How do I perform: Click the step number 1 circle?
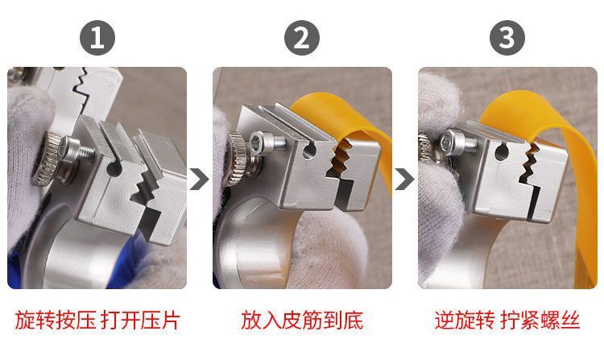[x=97, y=38]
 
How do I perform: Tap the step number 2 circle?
[x=302, y=38]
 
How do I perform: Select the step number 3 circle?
[x=507, y=38]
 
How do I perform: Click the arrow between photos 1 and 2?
[x=199, y=179]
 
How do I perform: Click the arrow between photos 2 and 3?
[x=404, y=179]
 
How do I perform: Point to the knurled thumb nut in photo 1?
[x=47, y=158]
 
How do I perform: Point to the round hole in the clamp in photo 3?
[x=500, y=152]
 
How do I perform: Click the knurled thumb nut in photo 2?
[x=238, y=159]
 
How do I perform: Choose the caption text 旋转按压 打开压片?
[x=97, y=321]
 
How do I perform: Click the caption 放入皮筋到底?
[x=302, y=321]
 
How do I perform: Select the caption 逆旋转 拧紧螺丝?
[x=507, y=321]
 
